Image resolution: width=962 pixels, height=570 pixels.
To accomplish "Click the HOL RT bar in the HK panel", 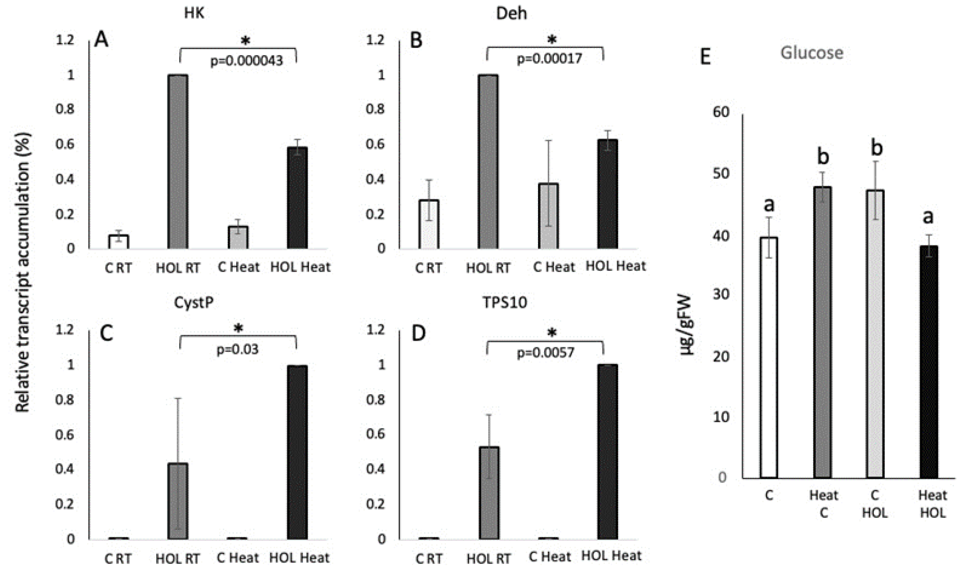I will coord(178,161).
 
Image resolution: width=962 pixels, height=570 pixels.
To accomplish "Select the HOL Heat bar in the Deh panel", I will coord(607,194).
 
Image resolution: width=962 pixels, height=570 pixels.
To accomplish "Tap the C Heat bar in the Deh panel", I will coord(548,216).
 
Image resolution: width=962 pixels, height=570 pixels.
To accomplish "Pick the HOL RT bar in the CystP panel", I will coord(178,501).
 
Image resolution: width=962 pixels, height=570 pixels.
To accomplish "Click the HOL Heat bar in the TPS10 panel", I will coord(607,452).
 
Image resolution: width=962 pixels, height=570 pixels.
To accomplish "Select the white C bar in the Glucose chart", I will coord(769,357).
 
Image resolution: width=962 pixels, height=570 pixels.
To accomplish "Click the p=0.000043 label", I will coord(246,61).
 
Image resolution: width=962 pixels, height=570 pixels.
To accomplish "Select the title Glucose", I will coord(811,53).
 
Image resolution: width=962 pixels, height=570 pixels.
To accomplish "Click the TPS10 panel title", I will coord(505,303).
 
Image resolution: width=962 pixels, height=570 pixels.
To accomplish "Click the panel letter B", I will coord(416,40).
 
